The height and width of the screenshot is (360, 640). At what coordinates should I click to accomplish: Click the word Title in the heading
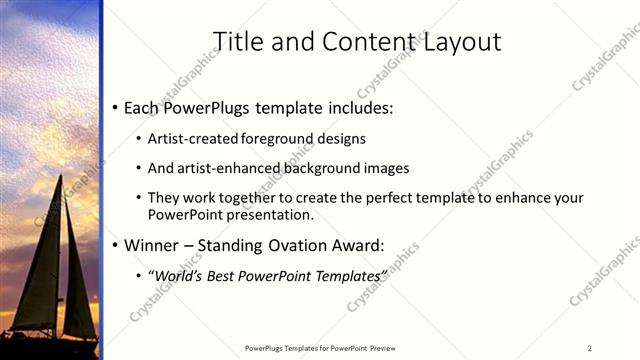241,41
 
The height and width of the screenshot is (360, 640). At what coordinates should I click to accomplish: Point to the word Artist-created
190,139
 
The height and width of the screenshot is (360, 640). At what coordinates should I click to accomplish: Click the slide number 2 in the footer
590,347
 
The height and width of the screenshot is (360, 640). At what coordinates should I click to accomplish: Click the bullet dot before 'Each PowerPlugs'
116,107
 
